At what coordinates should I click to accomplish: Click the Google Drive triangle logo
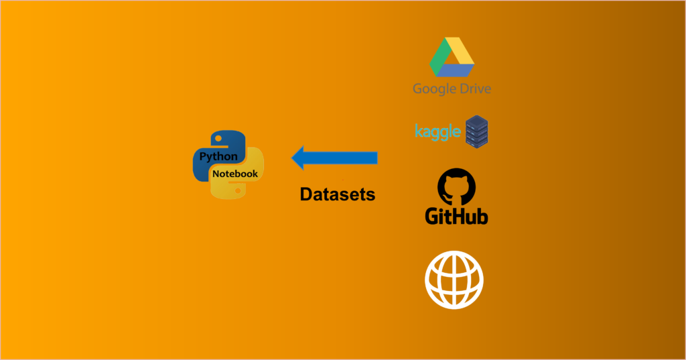452,58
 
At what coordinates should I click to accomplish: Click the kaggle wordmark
438,131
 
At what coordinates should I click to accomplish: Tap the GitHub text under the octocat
456,215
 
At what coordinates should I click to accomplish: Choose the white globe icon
454,280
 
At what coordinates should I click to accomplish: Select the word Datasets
337,194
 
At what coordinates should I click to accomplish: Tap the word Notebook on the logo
235,174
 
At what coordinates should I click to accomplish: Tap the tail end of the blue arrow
375,158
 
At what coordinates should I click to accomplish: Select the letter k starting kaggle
418,131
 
